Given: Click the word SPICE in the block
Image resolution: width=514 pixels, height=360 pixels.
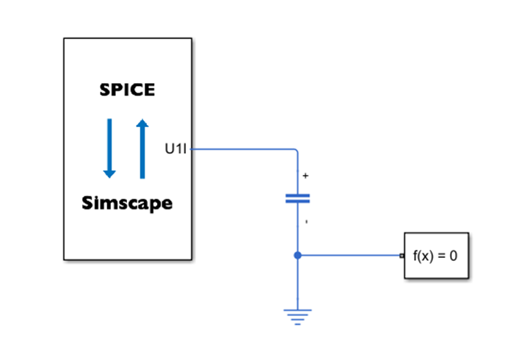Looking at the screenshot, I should (127, 90).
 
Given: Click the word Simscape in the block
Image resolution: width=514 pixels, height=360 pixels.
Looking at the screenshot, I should (127, 203).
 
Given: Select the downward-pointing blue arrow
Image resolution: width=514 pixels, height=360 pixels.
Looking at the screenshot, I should (109, 147).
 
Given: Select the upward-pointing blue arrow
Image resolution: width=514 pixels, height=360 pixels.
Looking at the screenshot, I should (142, 147).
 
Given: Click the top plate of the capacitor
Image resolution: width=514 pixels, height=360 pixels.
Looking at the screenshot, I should (297, 195).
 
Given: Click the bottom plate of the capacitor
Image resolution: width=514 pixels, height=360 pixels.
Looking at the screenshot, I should (297, 201).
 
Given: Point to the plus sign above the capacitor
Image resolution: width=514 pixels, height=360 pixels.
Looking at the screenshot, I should (305, 176).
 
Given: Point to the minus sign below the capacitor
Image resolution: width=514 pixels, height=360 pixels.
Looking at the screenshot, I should (305, 220).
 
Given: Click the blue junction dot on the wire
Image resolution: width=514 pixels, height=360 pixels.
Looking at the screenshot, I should (297, 256).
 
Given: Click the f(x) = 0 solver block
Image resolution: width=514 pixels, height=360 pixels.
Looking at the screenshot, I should (436, 256).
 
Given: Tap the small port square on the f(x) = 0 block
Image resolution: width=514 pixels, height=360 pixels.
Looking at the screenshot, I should (402, 256).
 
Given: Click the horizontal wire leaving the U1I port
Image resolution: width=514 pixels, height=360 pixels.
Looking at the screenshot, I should (242, 149).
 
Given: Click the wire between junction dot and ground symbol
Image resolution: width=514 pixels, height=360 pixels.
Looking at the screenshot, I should (297, 283).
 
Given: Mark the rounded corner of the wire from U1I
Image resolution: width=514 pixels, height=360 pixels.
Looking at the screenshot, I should (295, 151).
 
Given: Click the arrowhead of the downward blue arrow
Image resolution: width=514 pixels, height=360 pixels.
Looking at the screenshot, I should (109, 173).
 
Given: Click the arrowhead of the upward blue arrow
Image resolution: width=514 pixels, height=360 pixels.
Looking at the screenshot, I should (142, 122).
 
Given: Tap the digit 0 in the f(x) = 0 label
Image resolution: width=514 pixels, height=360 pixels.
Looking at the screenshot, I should (455, 256).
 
